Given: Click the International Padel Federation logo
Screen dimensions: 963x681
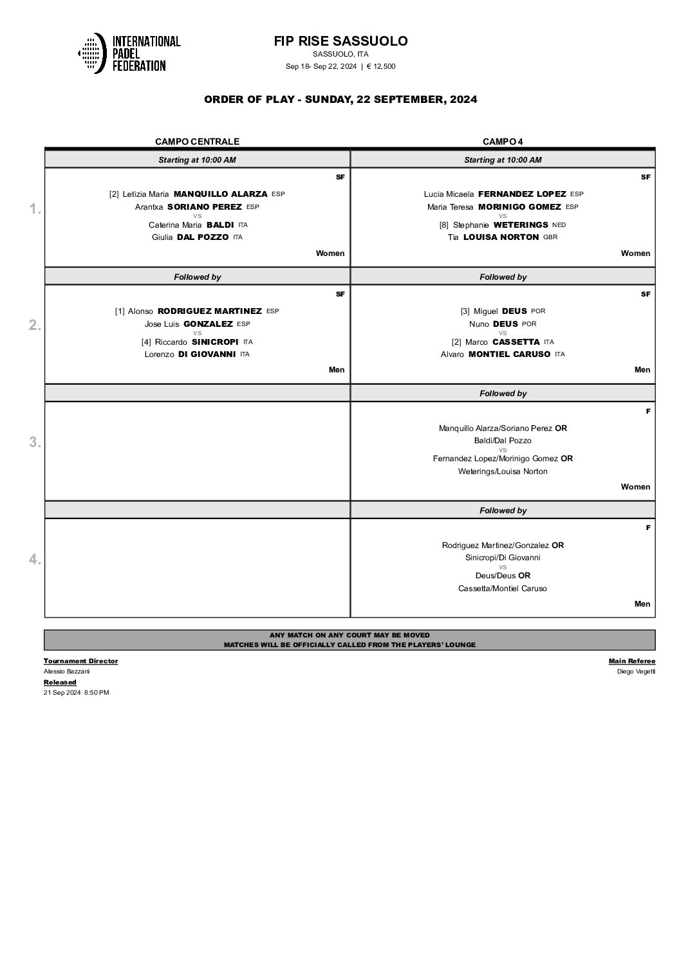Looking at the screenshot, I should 129,53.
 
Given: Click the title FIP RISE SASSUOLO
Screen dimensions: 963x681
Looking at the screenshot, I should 340,41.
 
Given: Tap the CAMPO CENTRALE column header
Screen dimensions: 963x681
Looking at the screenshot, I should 197,142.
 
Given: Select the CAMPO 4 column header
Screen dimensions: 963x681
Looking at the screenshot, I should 503,142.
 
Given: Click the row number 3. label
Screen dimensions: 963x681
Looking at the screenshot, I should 35,443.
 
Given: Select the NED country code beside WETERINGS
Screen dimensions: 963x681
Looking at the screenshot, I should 559,225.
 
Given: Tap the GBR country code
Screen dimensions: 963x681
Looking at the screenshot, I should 550,237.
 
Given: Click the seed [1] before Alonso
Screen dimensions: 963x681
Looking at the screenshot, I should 120,311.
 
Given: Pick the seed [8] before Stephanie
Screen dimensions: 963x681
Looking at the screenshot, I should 444,225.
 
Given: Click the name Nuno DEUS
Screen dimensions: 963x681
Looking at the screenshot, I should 493,324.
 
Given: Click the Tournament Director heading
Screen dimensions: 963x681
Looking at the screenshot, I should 80,661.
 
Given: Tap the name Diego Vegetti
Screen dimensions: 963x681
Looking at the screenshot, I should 636,672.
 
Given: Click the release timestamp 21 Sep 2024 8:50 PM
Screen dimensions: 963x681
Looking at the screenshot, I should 76,692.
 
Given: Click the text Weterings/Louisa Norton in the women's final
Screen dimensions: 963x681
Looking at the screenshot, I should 503,472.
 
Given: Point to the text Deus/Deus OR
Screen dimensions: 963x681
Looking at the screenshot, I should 503,576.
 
